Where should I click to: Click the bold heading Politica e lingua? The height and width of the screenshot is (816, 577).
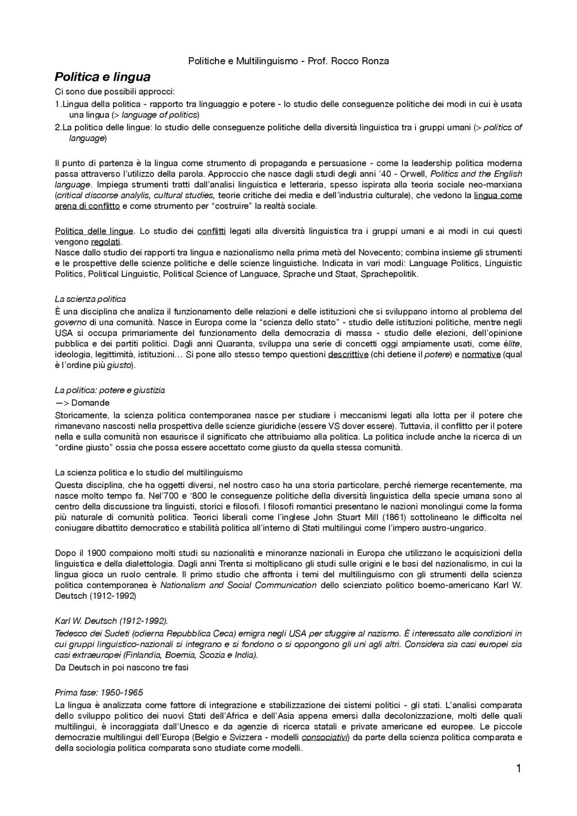pyautogui.click(x=102, y=77)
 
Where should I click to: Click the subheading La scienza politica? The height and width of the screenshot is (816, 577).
pyautogui.click(x=90, y=299)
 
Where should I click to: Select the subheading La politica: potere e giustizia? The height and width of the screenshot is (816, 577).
pyautogui.click(x=110, y=390)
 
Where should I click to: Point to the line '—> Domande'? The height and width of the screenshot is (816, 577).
pyautogui.click(x=82, y=402)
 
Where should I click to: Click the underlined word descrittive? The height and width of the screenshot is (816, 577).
pyautogui.click(x=348, y=354)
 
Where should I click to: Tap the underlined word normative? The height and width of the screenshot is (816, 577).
pyautogui.click(x=481, y=354)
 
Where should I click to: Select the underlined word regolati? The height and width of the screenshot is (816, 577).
pyautogui.click(x=106, y=242)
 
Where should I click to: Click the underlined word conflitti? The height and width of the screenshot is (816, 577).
pyautogui.click(x=211, y=231)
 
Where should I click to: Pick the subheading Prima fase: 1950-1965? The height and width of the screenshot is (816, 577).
pyautogui.click(x=99, y=692)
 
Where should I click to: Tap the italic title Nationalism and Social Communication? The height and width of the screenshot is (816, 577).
pyautogui.click(x=238, y=585)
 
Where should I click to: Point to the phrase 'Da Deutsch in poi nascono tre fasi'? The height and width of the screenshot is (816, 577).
pyautogui.click(x=122, y=667)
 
